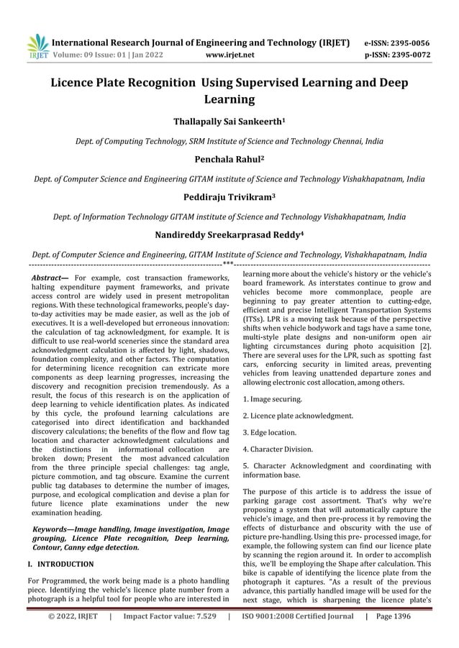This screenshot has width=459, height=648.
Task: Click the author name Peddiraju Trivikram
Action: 229,197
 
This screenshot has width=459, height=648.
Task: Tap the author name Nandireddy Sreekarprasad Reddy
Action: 229,234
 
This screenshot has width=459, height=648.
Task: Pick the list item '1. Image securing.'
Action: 272,398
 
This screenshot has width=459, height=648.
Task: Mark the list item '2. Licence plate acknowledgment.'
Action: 298,416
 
